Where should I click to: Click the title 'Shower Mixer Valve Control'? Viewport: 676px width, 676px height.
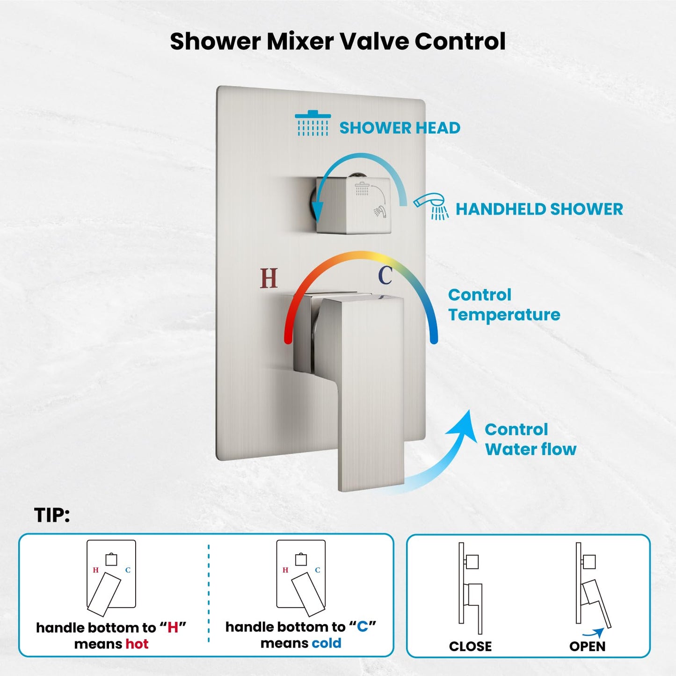point(337,41)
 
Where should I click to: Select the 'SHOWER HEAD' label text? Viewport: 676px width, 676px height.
point(400,128)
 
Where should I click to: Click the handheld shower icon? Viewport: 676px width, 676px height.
point(431,205)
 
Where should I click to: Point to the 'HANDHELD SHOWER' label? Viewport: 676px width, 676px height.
point(539,209)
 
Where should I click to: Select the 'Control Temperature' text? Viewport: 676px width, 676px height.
point(503,305)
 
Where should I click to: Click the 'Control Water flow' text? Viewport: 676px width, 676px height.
point(530,439)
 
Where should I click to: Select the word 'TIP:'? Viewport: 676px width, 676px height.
point(52,515)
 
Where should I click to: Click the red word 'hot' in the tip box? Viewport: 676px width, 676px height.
point(137,644)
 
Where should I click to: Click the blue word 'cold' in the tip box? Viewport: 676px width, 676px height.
point(326,643)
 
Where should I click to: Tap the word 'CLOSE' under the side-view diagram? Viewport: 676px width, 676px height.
point(470,646)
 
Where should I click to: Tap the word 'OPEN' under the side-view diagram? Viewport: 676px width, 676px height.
point(587,646)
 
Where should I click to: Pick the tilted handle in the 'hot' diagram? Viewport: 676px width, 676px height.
point(104,594)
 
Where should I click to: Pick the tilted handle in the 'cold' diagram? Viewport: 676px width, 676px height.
point(308,594)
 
